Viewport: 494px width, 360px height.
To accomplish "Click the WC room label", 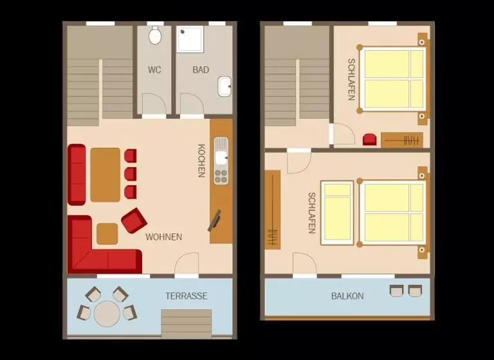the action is [154, 69].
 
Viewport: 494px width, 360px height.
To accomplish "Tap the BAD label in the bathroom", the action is [201, 69].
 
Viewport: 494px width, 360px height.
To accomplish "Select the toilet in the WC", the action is [154, 35].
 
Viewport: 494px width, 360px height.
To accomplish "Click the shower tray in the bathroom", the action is [190, 39].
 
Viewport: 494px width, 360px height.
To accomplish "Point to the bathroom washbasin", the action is [224, 87].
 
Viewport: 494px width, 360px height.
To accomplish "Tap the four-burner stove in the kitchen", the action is [221, 176].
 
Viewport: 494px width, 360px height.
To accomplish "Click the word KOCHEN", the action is [201, 161].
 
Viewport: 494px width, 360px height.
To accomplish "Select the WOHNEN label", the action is [164, 237].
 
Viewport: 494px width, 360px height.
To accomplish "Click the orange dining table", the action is [105, 174].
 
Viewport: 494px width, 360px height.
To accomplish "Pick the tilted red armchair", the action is [134, 221].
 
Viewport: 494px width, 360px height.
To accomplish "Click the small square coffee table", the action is [107, 234].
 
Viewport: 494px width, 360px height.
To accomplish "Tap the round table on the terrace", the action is [107, 313].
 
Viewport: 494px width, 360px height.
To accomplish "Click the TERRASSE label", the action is [187, 296].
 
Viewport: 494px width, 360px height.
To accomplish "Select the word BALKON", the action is [347, 296].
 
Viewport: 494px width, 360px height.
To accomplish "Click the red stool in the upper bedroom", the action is [370, 139].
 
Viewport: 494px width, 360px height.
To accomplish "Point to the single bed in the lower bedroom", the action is [337, 213].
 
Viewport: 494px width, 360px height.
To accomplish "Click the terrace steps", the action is [187, 323].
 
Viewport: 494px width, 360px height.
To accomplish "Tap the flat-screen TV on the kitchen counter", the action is [215, 221].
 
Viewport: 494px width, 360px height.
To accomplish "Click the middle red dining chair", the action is [131, 174].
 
